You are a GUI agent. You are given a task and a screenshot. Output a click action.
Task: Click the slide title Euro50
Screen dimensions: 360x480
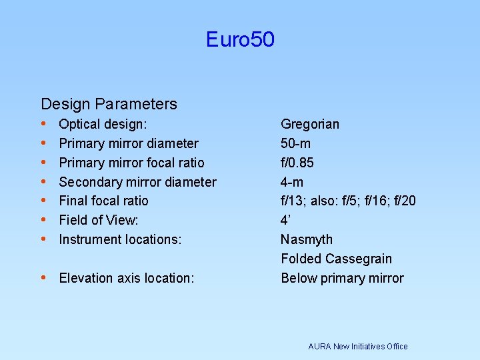(240, 40)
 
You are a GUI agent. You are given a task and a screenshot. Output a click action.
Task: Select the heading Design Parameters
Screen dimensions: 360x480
(109, 104)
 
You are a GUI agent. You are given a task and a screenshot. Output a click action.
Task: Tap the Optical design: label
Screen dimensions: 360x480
(103, 124)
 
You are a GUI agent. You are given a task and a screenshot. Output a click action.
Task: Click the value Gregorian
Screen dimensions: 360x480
(310, 124)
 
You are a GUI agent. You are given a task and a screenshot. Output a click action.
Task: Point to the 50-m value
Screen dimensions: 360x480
(295, 143)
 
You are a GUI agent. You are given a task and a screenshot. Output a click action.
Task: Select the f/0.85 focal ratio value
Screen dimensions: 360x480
(297, 163)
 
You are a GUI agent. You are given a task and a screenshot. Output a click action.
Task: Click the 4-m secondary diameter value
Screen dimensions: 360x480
(292, 182)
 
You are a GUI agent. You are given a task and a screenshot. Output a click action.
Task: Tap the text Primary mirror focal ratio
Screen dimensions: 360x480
(131, 163)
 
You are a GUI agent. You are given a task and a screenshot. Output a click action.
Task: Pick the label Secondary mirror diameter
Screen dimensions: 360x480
(137, 182)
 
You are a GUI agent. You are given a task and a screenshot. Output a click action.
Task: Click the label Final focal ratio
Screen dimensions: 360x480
(103, 201)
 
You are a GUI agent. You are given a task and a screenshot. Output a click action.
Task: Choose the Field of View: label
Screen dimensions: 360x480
(99, 220)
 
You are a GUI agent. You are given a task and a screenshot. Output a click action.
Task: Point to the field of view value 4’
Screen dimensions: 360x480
(286, 220)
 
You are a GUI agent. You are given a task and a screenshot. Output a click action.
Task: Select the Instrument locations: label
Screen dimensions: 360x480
(120, 239)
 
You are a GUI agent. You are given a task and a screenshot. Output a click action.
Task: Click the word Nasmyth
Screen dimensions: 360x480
(307, 239)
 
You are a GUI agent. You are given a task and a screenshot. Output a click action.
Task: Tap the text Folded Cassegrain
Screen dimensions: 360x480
(336, 259)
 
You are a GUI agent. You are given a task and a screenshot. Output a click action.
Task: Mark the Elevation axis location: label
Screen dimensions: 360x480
(127, 278)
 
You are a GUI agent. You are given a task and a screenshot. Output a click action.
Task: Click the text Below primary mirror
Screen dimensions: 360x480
(342, 278)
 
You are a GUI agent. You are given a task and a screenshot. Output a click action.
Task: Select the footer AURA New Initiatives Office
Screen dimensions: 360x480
(358, 346)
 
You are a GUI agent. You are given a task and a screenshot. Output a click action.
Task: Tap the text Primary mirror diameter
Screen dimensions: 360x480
(129, 143)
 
